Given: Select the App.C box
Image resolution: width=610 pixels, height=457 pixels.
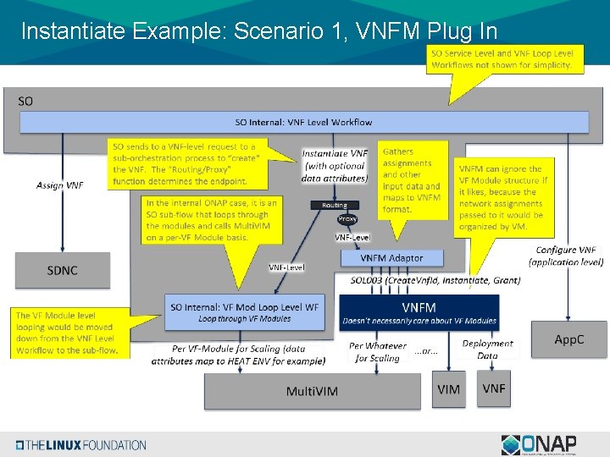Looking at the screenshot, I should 568,339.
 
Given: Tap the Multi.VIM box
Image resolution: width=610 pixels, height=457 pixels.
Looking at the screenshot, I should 313,390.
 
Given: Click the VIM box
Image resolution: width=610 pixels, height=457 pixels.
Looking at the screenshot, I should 448,388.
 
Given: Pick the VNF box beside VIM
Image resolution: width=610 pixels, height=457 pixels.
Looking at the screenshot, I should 493,388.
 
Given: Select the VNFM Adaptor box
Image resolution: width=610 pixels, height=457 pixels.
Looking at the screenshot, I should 391,257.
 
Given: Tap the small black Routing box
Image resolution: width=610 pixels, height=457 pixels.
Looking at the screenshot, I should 335,205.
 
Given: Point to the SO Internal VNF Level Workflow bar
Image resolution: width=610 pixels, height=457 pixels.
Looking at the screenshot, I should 303,123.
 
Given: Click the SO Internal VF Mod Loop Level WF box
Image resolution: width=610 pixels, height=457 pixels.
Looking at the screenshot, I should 244,311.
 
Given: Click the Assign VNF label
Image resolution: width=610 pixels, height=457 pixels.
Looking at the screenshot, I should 60,184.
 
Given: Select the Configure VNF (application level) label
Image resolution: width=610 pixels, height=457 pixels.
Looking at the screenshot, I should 566,256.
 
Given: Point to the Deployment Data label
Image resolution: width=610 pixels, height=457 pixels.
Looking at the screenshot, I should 487,350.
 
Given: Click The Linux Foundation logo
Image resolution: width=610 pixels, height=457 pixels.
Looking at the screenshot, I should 80,445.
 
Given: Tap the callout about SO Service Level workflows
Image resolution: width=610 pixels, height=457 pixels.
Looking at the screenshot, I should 502,58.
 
